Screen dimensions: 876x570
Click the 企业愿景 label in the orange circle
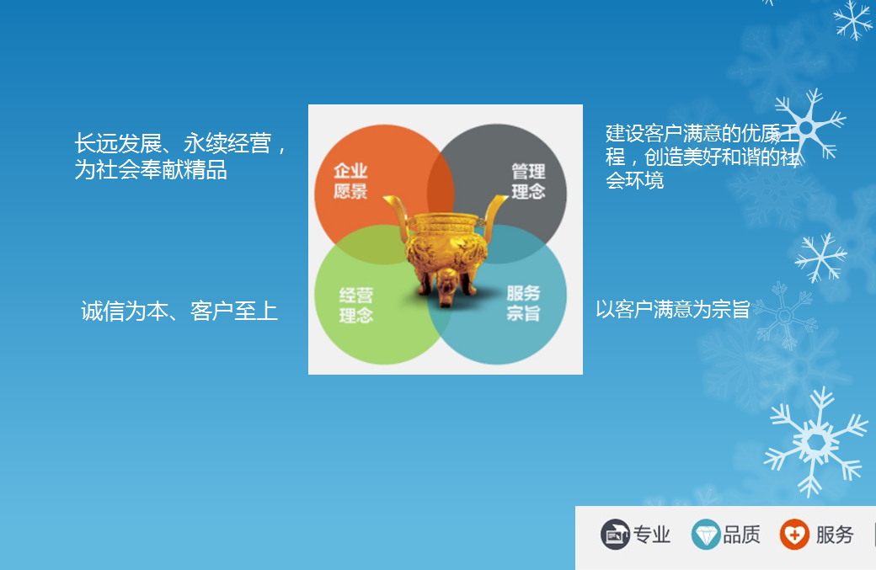click(x=350, y=181)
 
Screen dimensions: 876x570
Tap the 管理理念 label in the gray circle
click(x=528, y=181)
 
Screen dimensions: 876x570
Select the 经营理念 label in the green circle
click(x=355, y=306)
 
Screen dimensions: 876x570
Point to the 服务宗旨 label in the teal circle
click(x=523, y=303)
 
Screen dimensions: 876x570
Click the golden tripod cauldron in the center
click(x=446, y=250)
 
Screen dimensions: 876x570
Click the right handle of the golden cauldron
click(x=494, y=215)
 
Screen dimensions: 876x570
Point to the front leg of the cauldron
click(x=446, y=287)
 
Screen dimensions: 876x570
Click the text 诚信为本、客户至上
click(x=179, y=311)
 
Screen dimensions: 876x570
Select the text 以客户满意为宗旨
click(x=673, y=309)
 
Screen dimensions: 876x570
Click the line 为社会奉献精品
click(x=151, y=169)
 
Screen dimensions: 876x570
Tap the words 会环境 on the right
click(x=634, y=180)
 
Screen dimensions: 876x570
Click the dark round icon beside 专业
click(x=615, y=535)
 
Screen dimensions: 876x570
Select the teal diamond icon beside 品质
click(x=706, y=535)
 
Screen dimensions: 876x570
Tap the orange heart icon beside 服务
click(x=794, y=535)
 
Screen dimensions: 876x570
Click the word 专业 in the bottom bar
click(x=651, y=535)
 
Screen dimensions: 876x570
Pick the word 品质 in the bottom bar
click(x=741, y=535)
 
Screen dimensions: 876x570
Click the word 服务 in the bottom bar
click(x=835, y=535)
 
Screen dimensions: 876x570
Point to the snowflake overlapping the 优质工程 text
click(x=807, y=128)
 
